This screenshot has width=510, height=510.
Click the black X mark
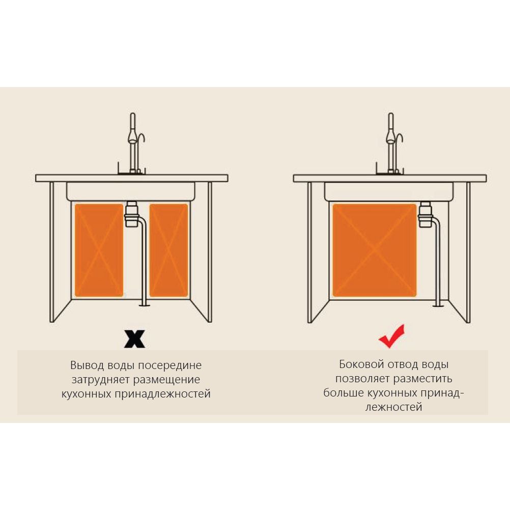coord(134,339)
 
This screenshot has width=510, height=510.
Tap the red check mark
coord(391,336)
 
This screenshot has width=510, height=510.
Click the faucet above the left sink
coord(133,143)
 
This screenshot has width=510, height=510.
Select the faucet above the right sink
coord(391,143)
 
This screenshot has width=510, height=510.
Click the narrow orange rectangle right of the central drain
coord(168,250)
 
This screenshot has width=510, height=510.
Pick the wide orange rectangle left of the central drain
coord(99,250)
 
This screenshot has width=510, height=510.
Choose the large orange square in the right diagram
coord(375,250)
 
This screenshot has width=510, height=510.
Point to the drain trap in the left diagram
coord(131,214)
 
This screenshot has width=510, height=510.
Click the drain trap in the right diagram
coord(426,214)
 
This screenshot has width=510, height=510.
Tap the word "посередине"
coord(169,365)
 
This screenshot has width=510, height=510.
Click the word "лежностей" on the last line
coord(393,407)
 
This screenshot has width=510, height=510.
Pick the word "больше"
coord(344,393)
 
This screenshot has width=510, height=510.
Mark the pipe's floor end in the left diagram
coord(144,305)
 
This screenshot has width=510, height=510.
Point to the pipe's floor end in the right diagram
coord(437,305)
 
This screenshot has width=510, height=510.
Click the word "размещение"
coord(167,380)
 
